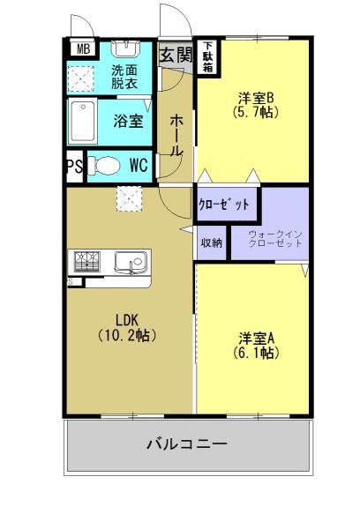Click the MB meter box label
coord(84,49)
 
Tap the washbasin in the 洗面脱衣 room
coord(125,48)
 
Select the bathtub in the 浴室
coord(82,122)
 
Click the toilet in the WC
coord(105,166)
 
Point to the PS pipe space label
coord(75,167)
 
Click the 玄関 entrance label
coord(176,55)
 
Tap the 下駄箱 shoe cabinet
coord(208,57)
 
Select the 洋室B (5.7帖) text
coord(255,105)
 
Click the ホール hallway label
coord(176,135)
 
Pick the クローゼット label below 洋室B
coord(224,205)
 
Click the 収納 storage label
coord(212,242)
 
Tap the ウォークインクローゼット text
coord(275,239)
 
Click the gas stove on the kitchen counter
coord(87,262)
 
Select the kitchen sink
coord(131,262)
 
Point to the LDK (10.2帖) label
coord(127,327)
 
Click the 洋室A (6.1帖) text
coord(256,345)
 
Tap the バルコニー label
coord(187,443)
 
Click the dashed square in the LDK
coord(130,198)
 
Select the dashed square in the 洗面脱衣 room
coord(80,79)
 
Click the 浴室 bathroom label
coord(128,121)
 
